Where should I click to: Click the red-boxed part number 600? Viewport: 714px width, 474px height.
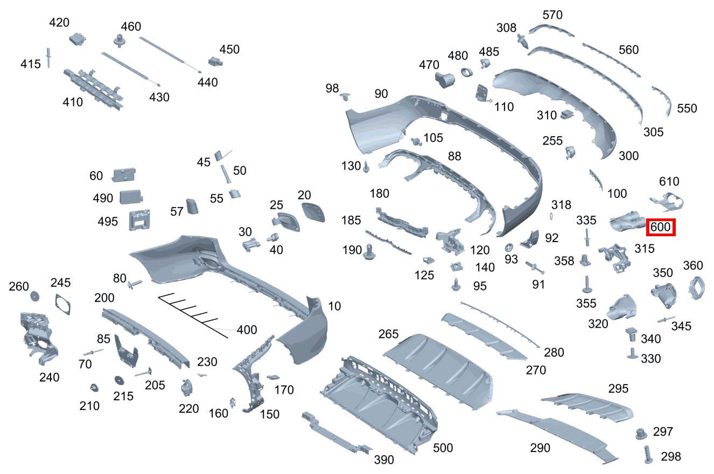pyautogui.click(x=660, y=228)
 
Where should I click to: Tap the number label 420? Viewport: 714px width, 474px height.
pyautogui.click(x=59, y=23)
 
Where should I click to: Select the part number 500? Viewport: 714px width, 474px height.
pyautogui.click(x=443, y=448)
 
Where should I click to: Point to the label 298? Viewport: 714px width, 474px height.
pyautogui.click(x=670, y=456)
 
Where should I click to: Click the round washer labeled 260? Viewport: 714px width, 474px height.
pyautogui.click(x=35, y=296)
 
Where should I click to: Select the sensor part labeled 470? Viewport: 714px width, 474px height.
pyautogui.click(x=444, y=79)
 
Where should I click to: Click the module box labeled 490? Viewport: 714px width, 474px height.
pyautogui.click(x=130, y=196)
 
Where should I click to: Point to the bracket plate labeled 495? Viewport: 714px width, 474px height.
pyautogui.click(x=138, y=220)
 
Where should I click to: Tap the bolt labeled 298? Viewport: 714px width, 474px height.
pyautogui.click(x=648, y=455)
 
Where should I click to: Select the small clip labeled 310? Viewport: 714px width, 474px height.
pyautogui.click(x=568, y=114)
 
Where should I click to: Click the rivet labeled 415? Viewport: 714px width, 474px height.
pyautogui.click(x=49, y=57)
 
